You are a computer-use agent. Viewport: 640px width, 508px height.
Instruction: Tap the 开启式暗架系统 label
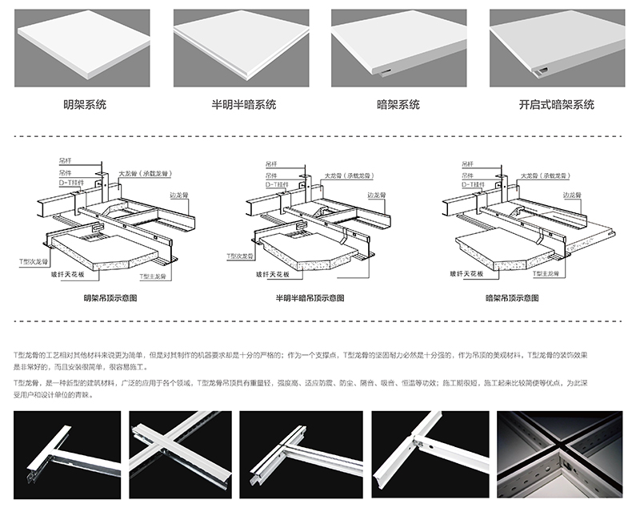[557, 104]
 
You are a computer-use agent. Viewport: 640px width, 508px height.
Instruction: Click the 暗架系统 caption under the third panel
[398, 104]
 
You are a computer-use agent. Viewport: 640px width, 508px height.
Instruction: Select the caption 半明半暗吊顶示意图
[310, 297]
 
